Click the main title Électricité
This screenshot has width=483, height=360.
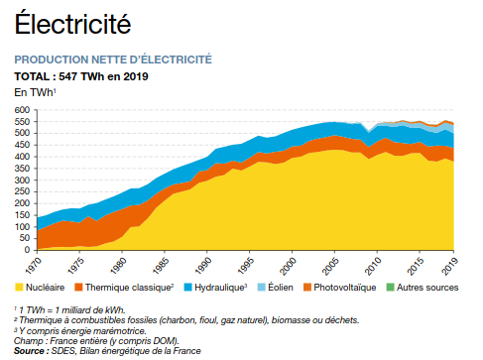pyautogui.click(x=72, y=23)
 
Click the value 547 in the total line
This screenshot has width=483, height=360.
pyautogui.click(x=67, y=76)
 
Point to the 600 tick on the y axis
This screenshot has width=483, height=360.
pyautogui.click(x=22, y=110)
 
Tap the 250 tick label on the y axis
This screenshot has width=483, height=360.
pyautogui.click(x=22, y=191)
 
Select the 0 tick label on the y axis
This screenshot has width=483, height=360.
pyautogui.click(x=27, y=250)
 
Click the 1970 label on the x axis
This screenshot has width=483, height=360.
pyautogui.click(x=34, y=266)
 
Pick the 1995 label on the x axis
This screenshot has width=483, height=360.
pyautogui.click(x=246, y=266)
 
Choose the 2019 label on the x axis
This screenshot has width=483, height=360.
pyautogui.click(x=450, y=266)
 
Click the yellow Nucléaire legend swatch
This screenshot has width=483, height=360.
pyautogui.click(x=19, y=288)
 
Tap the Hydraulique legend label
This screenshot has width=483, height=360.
pyautogui.click(x=220, y=288)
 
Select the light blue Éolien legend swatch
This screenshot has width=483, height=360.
pyautogui.click(x=262, y=288)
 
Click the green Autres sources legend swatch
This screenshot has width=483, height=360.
pyautogui.click(x=390, y=288)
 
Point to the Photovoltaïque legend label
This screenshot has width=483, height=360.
pyautogui.click(x=345, y=288)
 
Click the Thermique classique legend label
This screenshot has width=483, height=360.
pyautogui.click(x=129, y=288)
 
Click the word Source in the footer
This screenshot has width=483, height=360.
pyautogui.click(x=29, y=351)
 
